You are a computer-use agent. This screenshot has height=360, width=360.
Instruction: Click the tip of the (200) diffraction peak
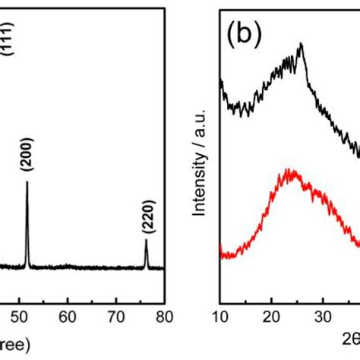tap(27, 182)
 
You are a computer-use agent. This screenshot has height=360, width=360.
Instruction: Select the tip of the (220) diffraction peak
tap(146, 240)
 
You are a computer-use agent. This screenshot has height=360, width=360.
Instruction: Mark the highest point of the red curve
tap(291, 171)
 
